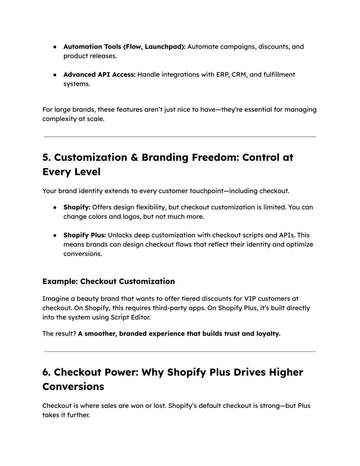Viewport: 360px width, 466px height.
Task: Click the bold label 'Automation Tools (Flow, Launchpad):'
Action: tap(124, 47)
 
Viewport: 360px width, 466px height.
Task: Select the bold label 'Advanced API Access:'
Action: tap(99, 75)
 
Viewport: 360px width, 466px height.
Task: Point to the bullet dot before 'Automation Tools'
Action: tap(55, 47)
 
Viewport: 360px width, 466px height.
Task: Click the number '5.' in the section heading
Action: tap(47, 157)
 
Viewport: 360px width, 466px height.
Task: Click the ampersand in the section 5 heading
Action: tap(134, 157)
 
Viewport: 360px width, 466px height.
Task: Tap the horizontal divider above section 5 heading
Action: tap(180, 136)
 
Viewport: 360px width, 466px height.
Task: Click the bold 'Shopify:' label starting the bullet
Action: tap(77, 207)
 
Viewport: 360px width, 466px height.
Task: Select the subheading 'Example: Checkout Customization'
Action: tap(109, 281)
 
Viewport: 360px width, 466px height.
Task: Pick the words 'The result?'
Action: tap(59, 333)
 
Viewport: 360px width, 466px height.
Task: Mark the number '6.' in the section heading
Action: tap(47, 372)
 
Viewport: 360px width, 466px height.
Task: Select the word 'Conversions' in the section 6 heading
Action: tap(73, 387)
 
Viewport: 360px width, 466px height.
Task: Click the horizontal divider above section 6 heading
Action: tap(180, 351)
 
